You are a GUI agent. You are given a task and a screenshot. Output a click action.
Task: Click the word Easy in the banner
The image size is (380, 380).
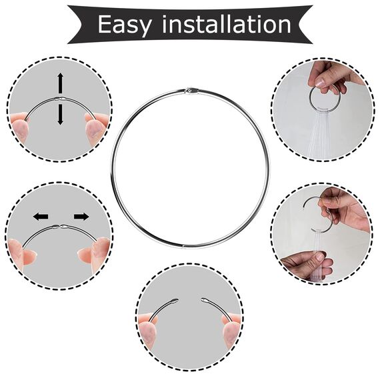click(x=125, y=25)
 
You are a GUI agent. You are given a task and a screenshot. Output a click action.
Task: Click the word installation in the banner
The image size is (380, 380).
click(x=227, y=24)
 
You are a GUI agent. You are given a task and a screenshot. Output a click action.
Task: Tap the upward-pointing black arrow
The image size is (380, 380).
click(x=61, y=83)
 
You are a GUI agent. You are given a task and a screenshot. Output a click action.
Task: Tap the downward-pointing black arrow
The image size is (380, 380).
click(x=61, y=115)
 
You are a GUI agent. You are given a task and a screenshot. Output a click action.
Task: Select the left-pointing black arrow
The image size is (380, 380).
click(x=41, y=217)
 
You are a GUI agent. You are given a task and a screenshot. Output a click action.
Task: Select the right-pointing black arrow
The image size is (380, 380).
click(x=81, y=217)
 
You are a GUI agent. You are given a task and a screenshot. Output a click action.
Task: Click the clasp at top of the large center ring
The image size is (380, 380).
click(x=191, y=91)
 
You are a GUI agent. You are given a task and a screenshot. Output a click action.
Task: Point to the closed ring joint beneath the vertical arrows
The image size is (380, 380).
click(x=61, y=99)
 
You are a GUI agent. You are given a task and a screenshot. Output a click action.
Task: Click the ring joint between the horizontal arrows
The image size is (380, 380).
click(x=61, y=227)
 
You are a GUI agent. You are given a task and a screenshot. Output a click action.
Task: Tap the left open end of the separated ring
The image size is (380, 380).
click(x=175, y=301)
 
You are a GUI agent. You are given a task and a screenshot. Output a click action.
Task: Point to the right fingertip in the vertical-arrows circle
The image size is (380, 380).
click(x=95, y=129)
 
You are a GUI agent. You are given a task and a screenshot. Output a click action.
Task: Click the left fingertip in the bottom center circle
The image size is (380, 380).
click(x=148, y=333)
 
